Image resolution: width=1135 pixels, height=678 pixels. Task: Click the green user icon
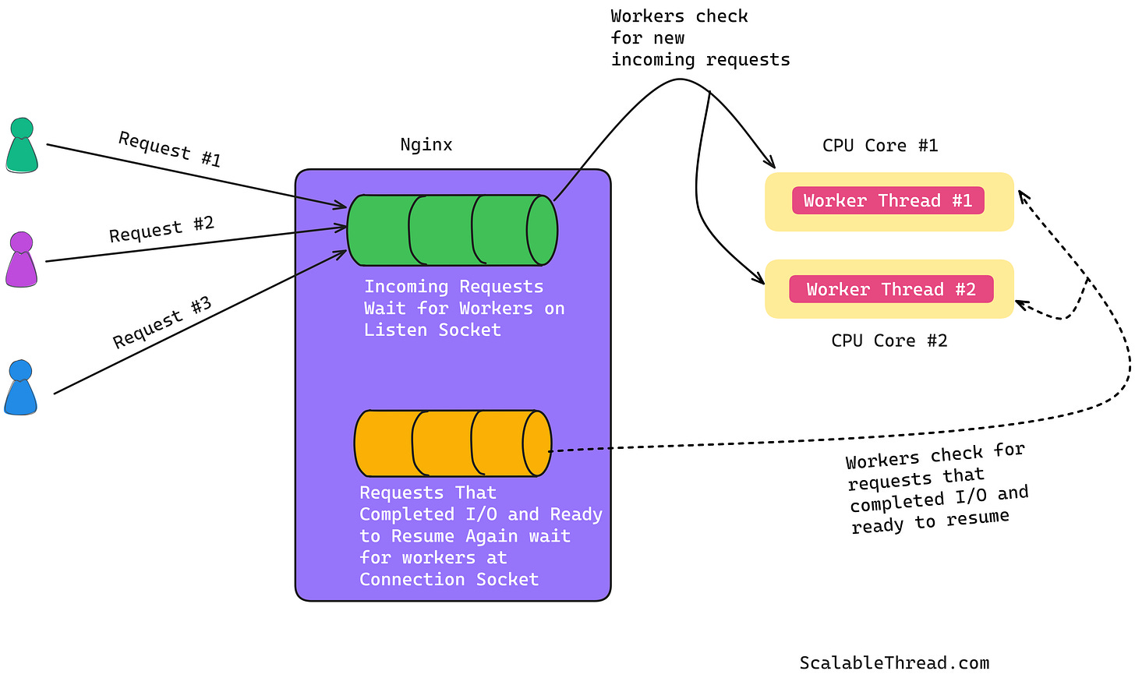(22, 146)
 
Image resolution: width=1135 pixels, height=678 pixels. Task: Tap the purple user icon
(21, 260)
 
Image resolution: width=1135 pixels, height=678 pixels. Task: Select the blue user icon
(20, 387)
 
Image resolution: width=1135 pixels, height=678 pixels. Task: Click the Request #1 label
(170, 150)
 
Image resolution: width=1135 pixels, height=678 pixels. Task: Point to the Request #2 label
(161, 229)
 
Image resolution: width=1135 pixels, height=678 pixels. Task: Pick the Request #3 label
(162, 323)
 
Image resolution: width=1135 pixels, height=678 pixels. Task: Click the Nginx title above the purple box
(426, 145)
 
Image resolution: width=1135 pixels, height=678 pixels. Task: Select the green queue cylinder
(452, 230)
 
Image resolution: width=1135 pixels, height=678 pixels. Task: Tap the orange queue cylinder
(452, 443)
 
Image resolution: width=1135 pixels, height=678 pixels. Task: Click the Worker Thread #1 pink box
(888, 201)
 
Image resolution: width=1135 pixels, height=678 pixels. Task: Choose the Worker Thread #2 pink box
(891, 290)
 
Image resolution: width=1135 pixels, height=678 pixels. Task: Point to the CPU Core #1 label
(880, 146)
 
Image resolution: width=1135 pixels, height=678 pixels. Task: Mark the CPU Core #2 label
(889, 341)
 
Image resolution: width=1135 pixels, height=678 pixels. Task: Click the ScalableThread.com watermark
(894, 663)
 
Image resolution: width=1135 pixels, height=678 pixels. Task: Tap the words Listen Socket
(432, 330)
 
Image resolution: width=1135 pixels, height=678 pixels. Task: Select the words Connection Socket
(449, 580)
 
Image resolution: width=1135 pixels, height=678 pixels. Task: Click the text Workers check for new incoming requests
(699, 38)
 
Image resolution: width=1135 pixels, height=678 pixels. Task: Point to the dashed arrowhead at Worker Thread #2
(1020, 305)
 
